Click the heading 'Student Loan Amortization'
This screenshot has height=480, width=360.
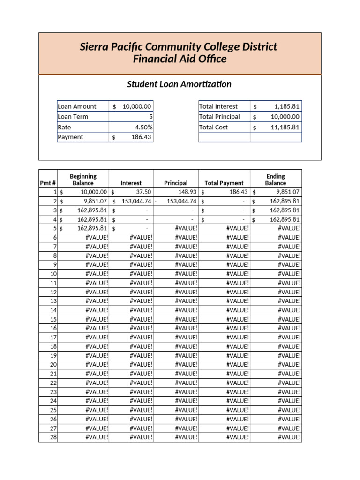click(x=180, y=84)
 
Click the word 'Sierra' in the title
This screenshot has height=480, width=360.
click(x=96, y=47)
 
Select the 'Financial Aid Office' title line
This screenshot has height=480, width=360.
click(x=180, y=59)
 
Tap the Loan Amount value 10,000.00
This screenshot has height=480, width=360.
click(x=137, y=106)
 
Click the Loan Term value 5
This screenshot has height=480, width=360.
click(x=150, y=117)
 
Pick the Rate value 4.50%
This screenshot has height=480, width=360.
click(x=143, y=127)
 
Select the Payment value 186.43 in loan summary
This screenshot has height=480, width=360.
click(x=141, y=137)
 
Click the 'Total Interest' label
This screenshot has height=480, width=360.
click(x=218, y=106)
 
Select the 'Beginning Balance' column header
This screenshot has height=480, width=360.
click(x=83, y=180)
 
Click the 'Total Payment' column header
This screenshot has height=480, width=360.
click(x=224, y=183)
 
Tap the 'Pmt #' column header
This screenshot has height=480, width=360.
click(x=48, y=183)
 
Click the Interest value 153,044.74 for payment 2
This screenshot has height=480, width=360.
click(x=136, y=201)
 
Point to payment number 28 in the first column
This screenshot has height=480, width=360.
click(x=53, y=437)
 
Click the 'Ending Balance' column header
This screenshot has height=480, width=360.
click(x=275, y=180)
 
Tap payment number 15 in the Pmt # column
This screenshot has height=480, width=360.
click(x=53, y=319)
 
